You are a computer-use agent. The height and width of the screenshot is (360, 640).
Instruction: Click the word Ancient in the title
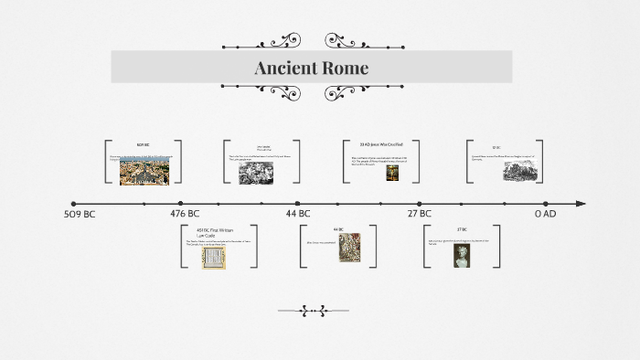coord(284,68)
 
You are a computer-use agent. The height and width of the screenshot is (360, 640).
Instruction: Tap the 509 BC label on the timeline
coord(80,214)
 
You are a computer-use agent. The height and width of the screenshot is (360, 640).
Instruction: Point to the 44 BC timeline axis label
coord(299,214)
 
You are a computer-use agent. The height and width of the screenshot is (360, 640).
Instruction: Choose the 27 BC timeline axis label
coord(419,214)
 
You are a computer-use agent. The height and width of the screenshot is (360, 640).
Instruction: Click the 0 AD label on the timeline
coord(545,214)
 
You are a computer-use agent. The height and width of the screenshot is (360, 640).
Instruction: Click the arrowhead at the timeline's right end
coord(581,204)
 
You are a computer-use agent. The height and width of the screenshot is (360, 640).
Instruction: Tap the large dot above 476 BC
coord(181,204)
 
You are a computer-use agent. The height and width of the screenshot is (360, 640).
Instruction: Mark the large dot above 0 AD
coord(546,204)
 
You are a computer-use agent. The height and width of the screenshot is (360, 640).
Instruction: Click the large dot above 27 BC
coord(420,204)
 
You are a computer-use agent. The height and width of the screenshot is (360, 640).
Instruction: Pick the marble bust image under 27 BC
coord(463,255)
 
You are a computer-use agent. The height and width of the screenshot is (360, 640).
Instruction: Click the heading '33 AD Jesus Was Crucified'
coord(380,144)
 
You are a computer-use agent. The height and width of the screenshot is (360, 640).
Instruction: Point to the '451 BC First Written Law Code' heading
coord(216,232)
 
